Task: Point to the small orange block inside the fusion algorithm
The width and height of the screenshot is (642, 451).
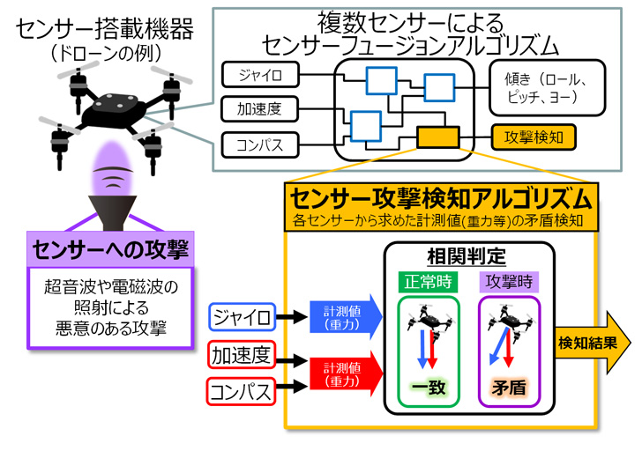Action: point(437,137)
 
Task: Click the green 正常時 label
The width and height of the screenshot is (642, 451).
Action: point(429,283)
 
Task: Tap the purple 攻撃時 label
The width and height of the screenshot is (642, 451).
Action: point(509,283)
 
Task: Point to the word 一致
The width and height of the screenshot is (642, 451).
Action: point(429,387)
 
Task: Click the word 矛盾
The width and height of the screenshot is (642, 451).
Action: point(509,387)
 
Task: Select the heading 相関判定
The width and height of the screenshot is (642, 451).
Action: point(467,259)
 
